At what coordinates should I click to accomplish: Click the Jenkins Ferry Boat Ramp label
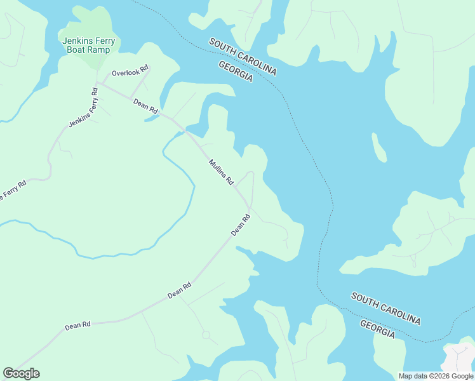pos(90,45)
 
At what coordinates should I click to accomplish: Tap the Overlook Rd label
pos(130,73)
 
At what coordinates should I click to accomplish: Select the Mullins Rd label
pos(221,172)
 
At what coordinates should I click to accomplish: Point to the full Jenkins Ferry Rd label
pos(83,107)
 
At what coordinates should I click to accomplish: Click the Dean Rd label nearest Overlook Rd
pos(145,105)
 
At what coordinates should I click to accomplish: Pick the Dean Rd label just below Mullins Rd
pos(241,225)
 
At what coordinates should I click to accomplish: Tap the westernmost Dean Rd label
pos(77,325)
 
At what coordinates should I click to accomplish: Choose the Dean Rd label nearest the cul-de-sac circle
pos(179,291)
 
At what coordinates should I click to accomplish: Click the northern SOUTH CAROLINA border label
pos(243,57)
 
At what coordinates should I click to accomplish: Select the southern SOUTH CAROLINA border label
pos(385,309)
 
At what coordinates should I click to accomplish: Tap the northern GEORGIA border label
pos(236,72)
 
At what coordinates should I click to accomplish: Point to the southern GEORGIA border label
pos(377,329)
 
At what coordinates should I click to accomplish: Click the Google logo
pos(21,373)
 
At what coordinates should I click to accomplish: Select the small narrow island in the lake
pos(379,149)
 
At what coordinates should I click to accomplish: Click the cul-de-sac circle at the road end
pos(206,335)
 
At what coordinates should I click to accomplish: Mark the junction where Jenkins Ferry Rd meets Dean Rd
pos(98,83)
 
